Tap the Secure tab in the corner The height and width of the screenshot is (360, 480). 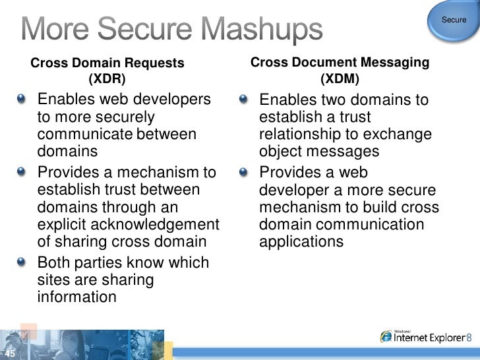[x=454, y=20]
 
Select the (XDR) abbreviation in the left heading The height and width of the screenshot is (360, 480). [x=106, y=80]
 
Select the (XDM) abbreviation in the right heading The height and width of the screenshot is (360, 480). [x=340, y=79]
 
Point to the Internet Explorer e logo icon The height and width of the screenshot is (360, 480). [x=386, y=336]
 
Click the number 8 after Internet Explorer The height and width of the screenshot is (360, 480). [x=468, y=338]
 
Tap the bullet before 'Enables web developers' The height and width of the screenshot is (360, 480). [x=24, y=100]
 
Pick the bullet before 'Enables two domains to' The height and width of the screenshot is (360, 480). [x=245, y=100]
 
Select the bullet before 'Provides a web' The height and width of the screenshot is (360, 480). [x=245, y=173]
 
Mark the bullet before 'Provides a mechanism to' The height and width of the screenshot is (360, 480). [x=24, y=173]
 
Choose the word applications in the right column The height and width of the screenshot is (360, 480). [x=301, y=241]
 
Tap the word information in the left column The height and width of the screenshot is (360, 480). [x=76, y=297]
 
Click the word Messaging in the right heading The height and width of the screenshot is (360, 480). [x=397, y=63]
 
